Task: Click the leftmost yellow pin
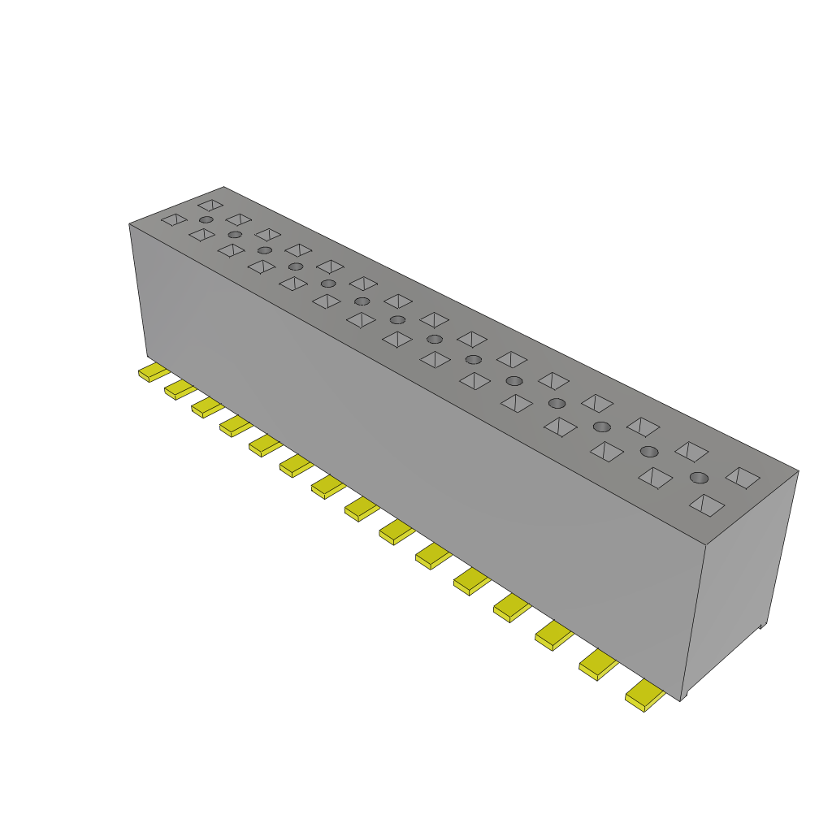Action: [152, 373]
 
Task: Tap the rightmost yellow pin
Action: [645, 695]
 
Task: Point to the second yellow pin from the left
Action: [180, 390]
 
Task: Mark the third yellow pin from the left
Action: [207, 407]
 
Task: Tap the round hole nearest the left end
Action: [206, 220]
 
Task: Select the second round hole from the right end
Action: [648, 451]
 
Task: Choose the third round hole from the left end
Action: [264, 250]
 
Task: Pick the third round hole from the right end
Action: [601, 427]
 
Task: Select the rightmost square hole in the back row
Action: [743, 477]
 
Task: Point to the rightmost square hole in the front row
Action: [707, 505]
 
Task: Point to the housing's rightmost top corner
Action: [799, 470]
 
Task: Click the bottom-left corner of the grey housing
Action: [147, 357]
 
